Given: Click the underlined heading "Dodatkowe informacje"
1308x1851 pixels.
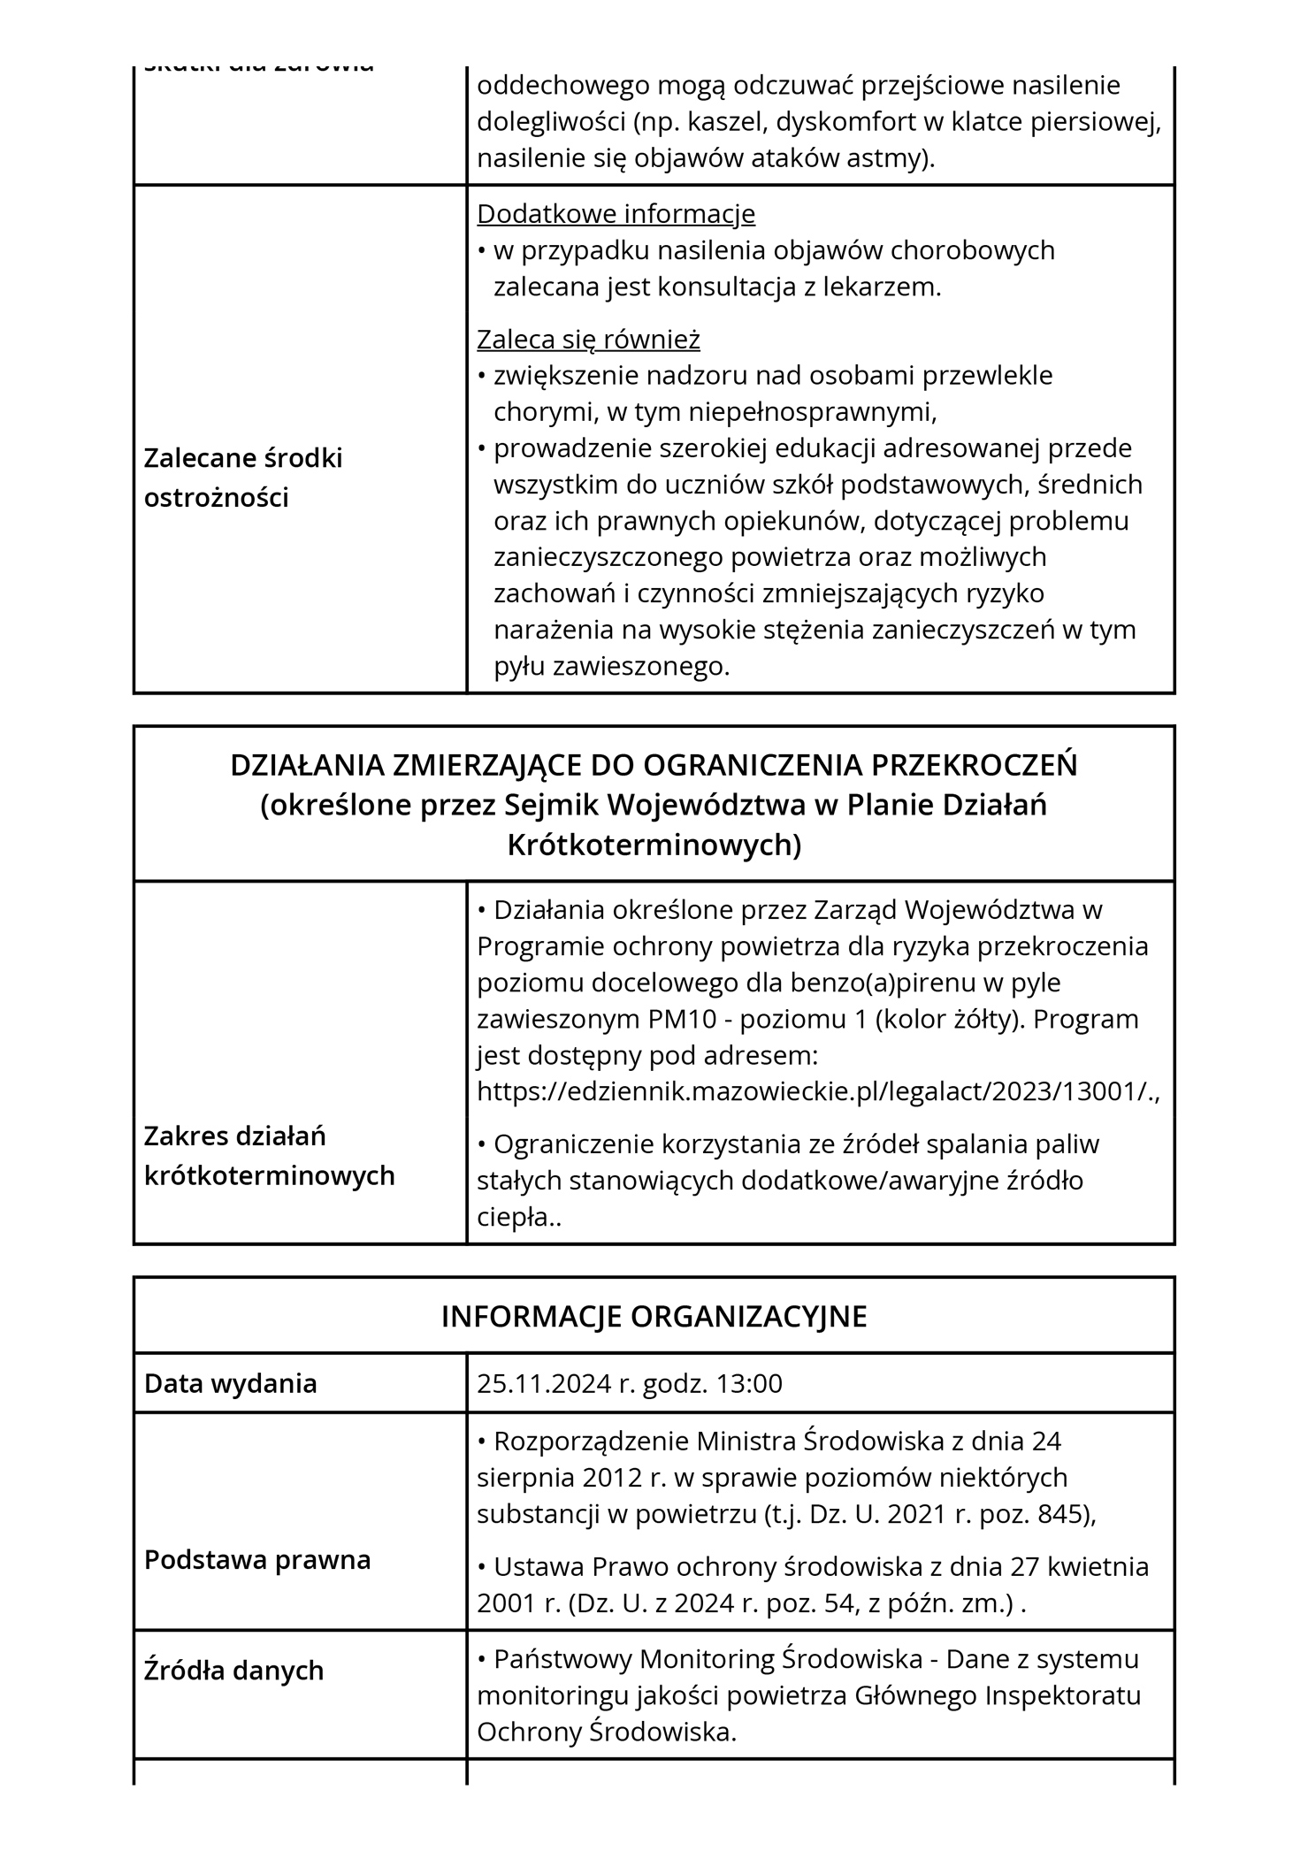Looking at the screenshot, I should [616, 214].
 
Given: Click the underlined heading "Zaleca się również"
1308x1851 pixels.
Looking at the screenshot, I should [588, 340].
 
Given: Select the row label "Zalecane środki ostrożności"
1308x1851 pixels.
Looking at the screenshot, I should [243, 478].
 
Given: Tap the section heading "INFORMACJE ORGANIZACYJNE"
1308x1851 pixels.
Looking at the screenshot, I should [654, 1316].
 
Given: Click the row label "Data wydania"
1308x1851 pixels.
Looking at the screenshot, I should [230, 1383].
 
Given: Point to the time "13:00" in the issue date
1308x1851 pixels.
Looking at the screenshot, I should [749, 1383].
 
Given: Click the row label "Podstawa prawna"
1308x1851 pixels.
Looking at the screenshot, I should [257, 1559].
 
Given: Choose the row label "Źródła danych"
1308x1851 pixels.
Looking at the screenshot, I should [233, 1671].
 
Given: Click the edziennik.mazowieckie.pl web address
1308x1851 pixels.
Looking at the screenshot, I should [818, 1091].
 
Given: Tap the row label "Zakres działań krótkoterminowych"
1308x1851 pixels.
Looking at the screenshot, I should [269, 1155].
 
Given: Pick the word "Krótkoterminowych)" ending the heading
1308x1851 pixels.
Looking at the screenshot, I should [654, 845].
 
